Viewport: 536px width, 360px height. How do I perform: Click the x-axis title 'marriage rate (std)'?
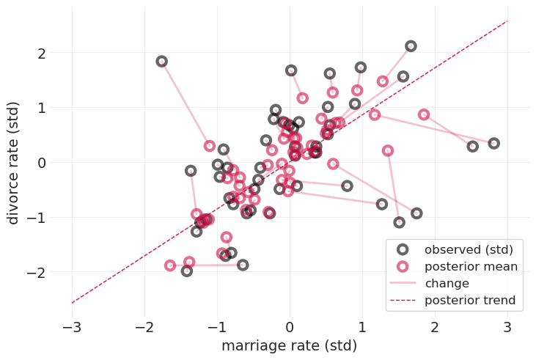[289, 346]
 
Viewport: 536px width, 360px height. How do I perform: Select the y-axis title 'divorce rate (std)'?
[13, 163]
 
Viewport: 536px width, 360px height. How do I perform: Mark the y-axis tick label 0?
[42, 163]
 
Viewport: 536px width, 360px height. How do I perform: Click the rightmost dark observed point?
[493, 144]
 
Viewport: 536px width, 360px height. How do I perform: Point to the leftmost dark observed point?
[161, 62]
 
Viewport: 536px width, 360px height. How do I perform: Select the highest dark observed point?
[411, 46]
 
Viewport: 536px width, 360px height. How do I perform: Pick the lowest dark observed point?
[187, 271]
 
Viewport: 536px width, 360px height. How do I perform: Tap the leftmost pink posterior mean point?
[170, 265]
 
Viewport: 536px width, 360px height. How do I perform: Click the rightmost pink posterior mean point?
[424, 114]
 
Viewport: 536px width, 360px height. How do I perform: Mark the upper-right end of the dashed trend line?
[507, 21]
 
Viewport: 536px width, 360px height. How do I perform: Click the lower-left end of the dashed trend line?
[72, 303]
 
